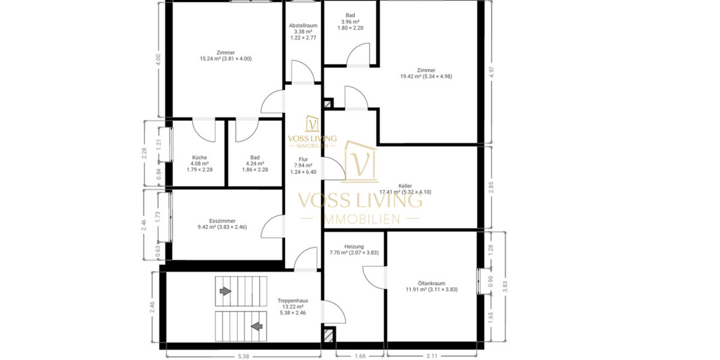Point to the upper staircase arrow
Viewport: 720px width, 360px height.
224,291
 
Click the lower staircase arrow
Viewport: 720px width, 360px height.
257,326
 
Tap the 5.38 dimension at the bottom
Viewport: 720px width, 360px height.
243,356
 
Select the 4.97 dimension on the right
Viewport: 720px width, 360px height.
493,73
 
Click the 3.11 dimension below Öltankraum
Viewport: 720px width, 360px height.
431,356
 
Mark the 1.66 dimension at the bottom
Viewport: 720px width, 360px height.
359,356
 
